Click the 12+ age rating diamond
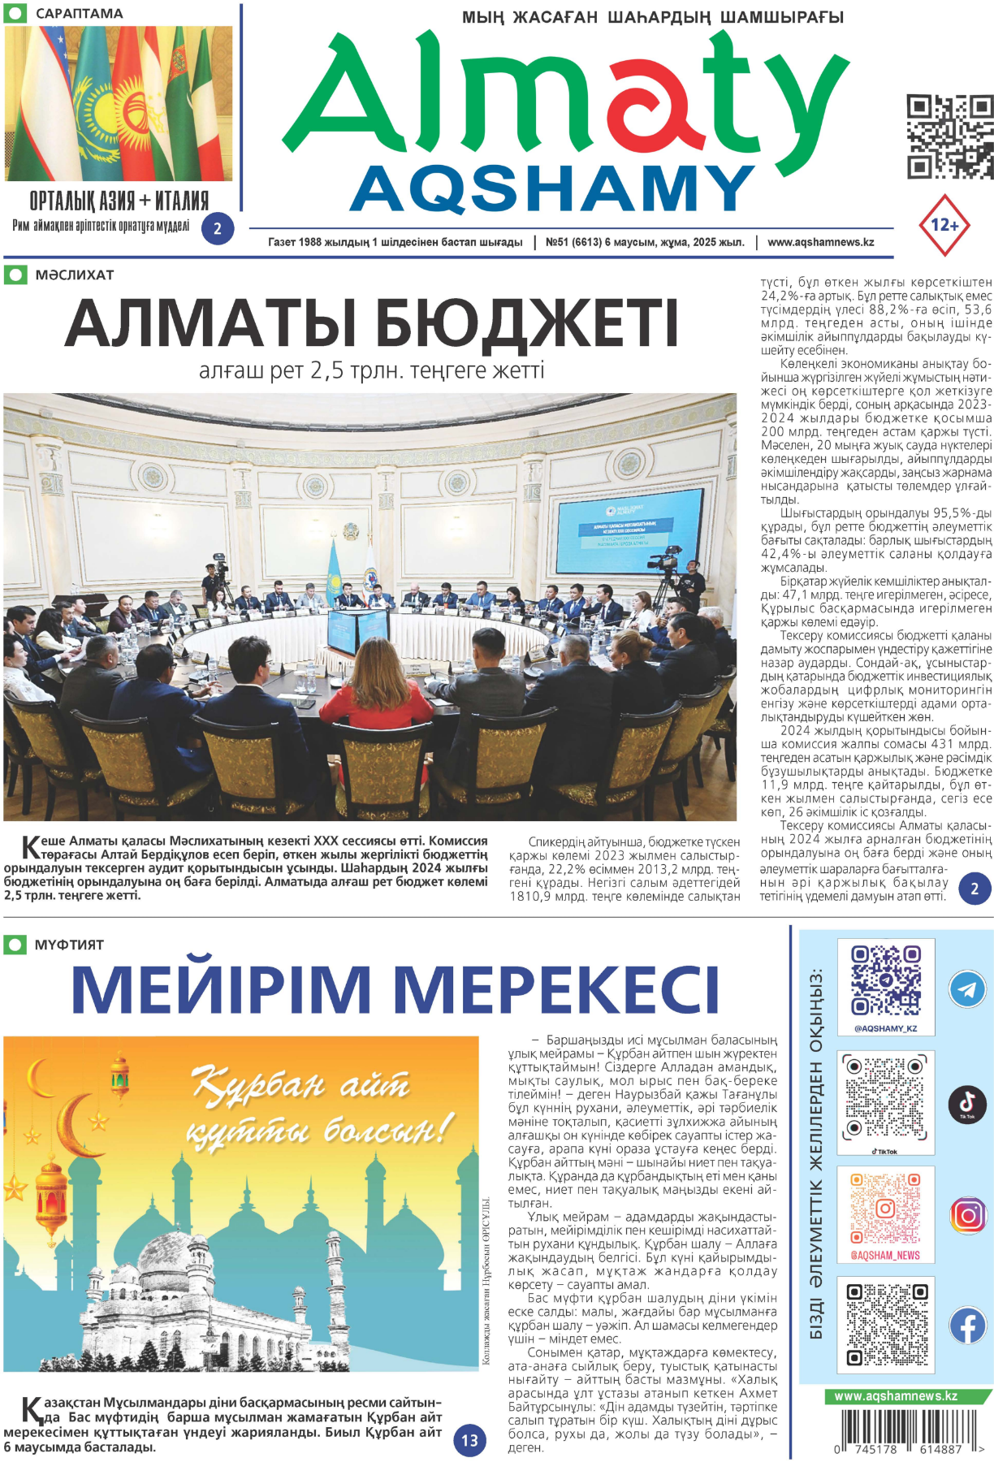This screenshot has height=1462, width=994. point(944,225)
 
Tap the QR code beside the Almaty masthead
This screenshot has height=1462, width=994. point(949,136)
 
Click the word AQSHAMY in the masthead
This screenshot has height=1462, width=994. point(551,188)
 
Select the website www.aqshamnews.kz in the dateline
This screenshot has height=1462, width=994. point(820,242)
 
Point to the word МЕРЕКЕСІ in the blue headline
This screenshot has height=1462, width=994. point(556,989)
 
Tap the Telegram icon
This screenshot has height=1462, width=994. point(967,989)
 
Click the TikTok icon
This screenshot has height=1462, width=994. point(967,1104)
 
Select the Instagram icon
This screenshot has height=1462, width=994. point(967,1215)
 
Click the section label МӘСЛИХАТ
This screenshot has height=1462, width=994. point(74,275)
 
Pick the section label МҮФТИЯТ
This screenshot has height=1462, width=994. point(69,945)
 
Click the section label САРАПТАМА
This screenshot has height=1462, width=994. point(79,14)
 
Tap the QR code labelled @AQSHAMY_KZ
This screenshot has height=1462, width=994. point(885,981)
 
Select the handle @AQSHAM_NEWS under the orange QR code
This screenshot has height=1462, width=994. point(885,1255)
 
